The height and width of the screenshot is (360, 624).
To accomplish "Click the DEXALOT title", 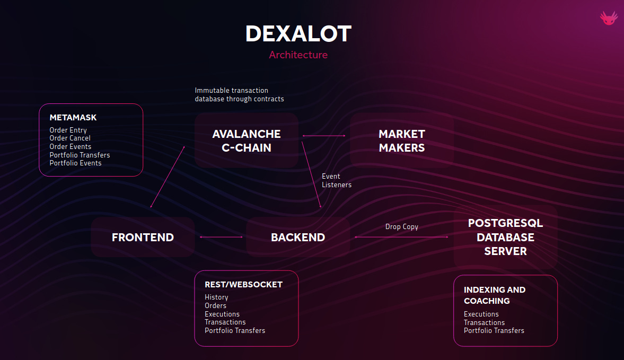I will pos(298,34).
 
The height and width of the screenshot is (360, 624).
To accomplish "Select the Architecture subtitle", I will pos(298,55).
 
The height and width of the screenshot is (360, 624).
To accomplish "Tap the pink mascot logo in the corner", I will pos(609,18).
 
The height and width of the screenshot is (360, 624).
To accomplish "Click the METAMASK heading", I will pos(73,117).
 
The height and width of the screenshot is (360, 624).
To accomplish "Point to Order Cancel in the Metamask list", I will pos(70,138).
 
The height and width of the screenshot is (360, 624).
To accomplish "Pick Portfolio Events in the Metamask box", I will pos(75,163).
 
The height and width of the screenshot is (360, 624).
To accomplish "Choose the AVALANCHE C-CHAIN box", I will pos(246,141).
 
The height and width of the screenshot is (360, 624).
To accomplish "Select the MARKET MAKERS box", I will pos(402,141).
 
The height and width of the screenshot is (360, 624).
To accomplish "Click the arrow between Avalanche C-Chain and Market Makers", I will pos(324,136).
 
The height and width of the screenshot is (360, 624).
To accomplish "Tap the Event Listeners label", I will pos(336,180).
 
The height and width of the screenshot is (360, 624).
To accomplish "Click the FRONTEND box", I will pos(143,237).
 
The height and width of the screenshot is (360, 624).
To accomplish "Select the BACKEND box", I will pos(298,237).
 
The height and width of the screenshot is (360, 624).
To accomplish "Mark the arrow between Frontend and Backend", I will pos(221,237).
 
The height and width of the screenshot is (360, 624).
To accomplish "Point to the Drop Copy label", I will pos(401,227).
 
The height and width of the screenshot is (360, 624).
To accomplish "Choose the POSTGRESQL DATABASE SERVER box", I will pos(505,237).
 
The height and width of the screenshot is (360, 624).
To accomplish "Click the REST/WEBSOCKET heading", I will pos(243,285).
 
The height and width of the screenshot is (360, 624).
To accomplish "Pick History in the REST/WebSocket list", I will pos(216,297).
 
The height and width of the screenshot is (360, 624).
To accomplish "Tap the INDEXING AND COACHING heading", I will pos(494,295).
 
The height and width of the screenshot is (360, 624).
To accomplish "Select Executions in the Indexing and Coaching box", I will pos(481,314).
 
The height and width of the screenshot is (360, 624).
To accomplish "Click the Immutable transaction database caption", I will pos(239,94).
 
